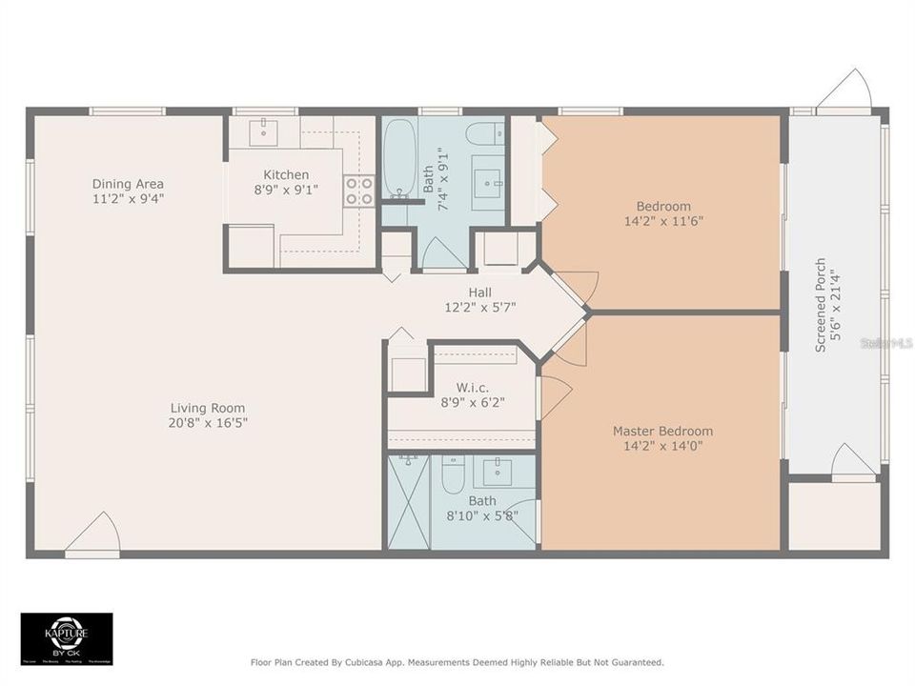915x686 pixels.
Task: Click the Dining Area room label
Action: click(x=128, y=184)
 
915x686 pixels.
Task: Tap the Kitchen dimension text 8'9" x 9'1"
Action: click(x=286, y=190)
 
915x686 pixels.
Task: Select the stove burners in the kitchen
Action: click(x=359, y=191)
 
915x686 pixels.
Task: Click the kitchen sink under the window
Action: click(x=263, y=131)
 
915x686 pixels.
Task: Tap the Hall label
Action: click(x=479, y=293)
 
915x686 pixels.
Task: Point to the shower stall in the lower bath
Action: click(x=409, y=501)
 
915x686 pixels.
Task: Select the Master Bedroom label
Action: click(x=661, y=431)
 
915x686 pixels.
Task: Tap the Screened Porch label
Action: click(x=820, y=305)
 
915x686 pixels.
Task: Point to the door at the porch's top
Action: click(x=845, y=92)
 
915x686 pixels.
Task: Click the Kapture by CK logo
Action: click(x=67, y=637)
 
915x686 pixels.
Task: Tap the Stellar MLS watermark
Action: click(x=885, y=341)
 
